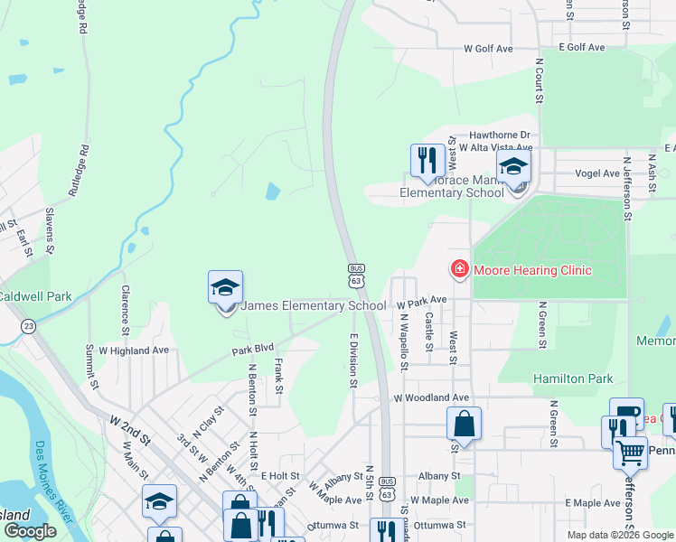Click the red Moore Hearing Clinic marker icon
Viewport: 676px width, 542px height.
pos(459,269)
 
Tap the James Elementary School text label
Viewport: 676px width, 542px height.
pos(314,306)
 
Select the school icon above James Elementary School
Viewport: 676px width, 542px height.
pos(225,288)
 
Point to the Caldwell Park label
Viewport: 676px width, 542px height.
pos(35,295)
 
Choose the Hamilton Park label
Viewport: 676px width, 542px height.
pos(573,378)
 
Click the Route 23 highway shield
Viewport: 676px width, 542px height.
pos(29,326)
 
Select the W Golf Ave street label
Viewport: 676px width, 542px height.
pos(488,48)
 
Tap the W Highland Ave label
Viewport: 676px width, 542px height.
pos(134,350)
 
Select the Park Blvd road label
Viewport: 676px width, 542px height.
pos(252,349)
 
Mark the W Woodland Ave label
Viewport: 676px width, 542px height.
pos(431,397)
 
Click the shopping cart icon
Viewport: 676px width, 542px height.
pos(631,452)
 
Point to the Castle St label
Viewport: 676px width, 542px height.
pos(429,321)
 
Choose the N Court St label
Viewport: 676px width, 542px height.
pos(539,86)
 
